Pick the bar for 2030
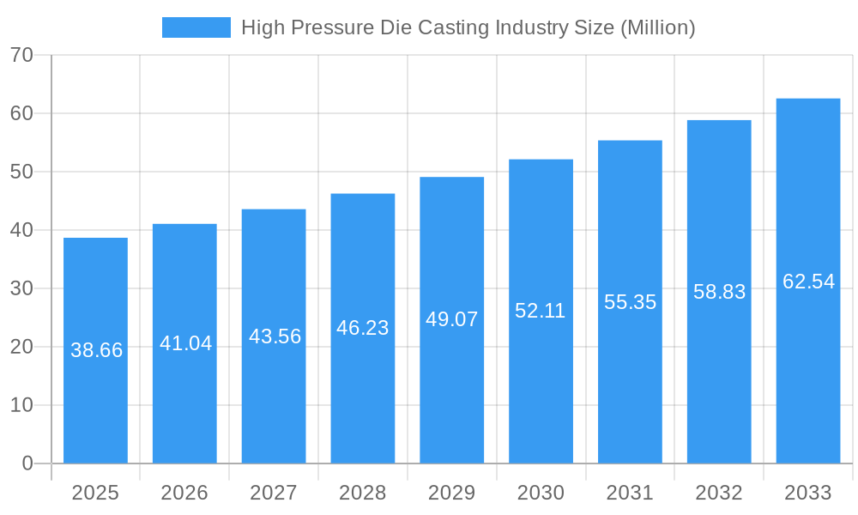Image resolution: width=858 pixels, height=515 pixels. click(x=541, y=386)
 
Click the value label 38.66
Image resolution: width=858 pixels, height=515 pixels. click(x=96, y=350)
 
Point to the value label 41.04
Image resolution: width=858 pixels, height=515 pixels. click(x=185, y=343)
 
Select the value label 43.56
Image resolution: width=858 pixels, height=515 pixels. click(x=275, y=336)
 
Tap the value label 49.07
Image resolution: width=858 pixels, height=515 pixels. click(x=451, y=319)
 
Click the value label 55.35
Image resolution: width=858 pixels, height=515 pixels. click(x=630, y=302)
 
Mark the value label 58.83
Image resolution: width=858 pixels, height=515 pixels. click(x=719, y=292)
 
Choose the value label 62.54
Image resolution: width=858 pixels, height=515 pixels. click(x=808, y=282)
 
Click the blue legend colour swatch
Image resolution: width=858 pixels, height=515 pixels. click(x=196, y=27)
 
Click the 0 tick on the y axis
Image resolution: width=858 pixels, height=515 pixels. click(x=27, y=463)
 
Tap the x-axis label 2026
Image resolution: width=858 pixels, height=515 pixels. click(x=184, y=493)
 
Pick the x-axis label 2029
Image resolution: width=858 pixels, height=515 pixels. click(x=451, y=493)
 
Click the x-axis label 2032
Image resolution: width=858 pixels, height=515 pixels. click(x=719, y=493)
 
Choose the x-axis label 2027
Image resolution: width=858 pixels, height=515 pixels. click(x=274, y=493)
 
